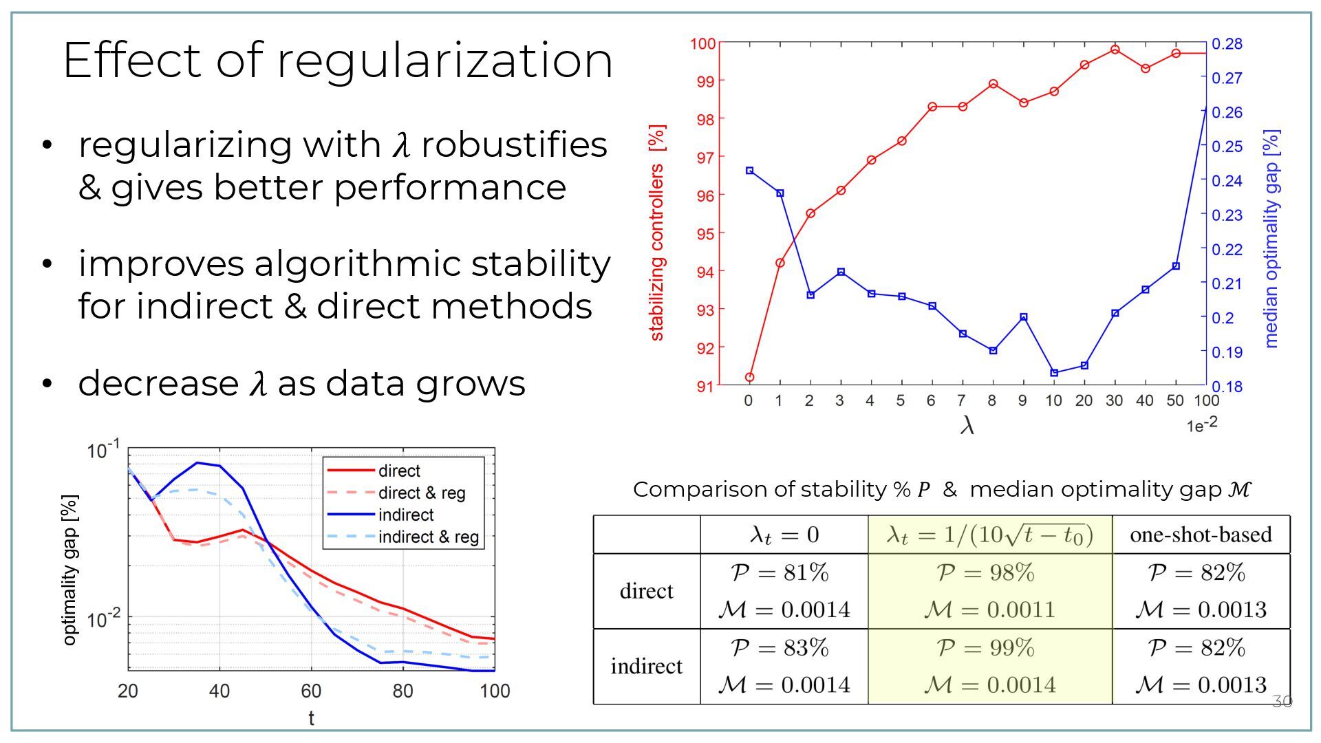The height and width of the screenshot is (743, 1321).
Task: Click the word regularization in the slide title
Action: (x=444, y=61)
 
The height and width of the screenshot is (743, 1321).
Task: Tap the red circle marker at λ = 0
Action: (x=749, y=377)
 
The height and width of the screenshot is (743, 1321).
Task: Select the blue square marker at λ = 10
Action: (x=1054, y=373)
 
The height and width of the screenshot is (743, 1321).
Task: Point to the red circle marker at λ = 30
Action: (x=1115, y=50)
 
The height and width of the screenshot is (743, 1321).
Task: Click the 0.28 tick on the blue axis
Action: (x=1227, y=44)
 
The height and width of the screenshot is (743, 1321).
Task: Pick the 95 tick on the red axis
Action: (x=706, y=233)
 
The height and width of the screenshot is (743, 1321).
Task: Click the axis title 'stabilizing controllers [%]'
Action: (x=657, y=233)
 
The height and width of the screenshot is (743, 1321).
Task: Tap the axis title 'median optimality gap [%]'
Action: (x=1271, y=238)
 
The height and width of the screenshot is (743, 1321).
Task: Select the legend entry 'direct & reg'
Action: (x=421, y=493)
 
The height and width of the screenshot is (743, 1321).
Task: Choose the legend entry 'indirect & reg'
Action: (x=428, y=537)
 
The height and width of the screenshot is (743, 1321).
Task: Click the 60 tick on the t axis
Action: (x=311, y=691)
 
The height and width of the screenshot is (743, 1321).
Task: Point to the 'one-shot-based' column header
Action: (x=1201, y=535)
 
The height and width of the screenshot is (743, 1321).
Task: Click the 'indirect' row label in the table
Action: (x=646, y=666)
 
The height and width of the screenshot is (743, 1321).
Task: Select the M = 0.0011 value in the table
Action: (x=989, y=610)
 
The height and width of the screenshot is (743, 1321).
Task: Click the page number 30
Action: (x=1282, y=702)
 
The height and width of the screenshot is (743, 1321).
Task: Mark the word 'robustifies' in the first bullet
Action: (x=514, y=144)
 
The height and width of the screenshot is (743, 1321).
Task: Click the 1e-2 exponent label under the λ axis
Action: (x=1201, y=424)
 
